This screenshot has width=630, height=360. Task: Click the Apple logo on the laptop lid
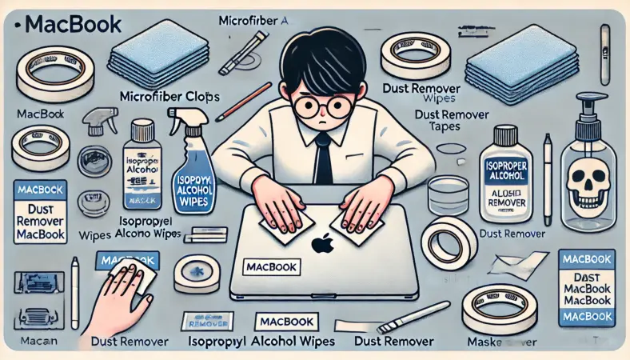tap(322, 243)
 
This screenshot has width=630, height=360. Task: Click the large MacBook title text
tap(72, 23)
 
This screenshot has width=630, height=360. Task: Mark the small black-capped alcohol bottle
tap(142, 164)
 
